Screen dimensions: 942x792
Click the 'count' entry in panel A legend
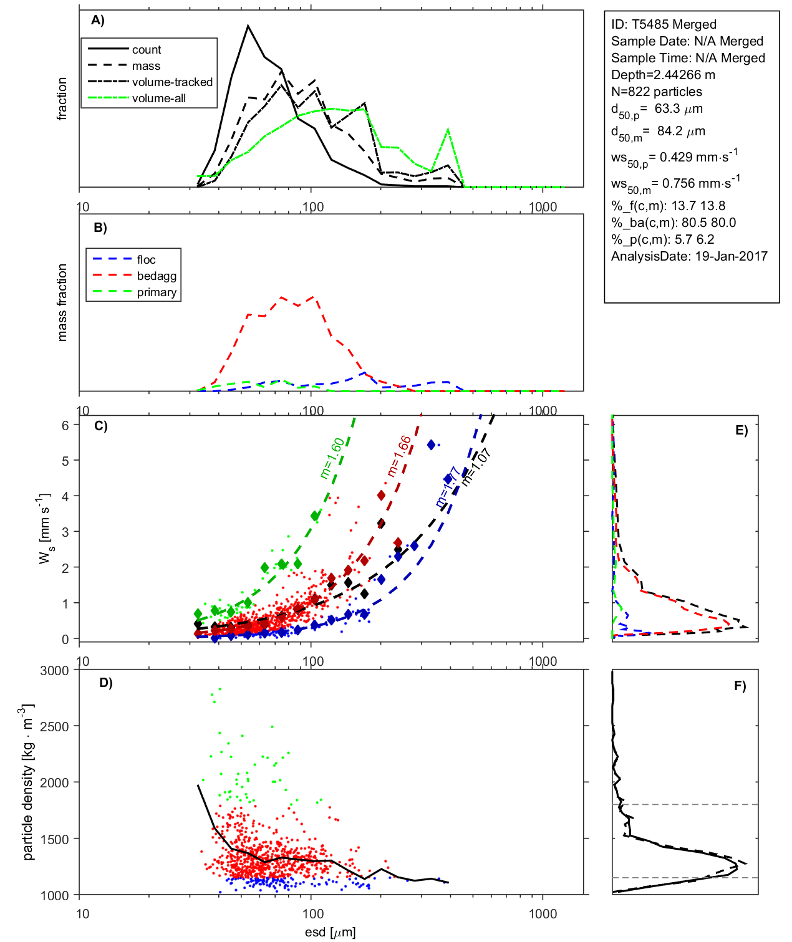146,49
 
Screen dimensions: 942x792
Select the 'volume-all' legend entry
158,98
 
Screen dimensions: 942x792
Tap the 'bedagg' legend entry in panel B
157,276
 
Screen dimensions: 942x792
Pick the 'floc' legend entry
146,259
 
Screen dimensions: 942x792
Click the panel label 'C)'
100,426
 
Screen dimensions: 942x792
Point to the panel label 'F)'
740,686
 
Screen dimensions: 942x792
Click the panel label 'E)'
741,430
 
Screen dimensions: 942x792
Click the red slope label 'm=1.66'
399,456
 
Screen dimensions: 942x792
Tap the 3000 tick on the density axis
54,671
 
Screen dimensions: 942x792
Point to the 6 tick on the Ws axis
65,425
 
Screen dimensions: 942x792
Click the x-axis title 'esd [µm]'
330,932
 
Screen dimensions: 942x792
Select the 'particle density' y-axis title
28,782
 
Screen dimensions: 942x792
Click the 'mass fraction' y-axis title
62,302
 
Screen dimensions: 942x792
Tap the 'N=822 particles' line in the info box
656,92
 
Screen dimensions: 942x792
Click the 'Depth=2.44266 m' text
663,75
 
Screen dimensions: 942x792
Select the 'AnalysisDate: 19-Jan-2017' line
689,256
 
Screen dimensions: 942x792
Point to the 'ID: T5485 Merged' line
664,24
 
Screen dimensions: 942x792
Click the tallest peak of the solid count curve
248,26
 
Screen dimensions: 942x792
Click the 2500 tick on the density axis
54,726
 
